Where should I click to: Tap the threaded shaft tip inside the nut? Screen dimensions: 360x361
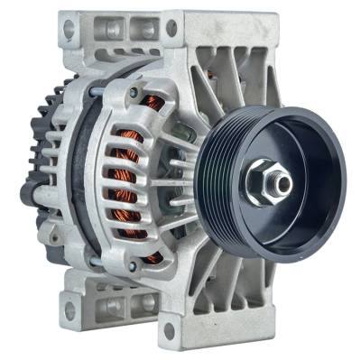pos(283,183)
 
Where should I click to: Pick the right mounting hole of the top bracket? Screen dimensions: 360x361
pos(171,27)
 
